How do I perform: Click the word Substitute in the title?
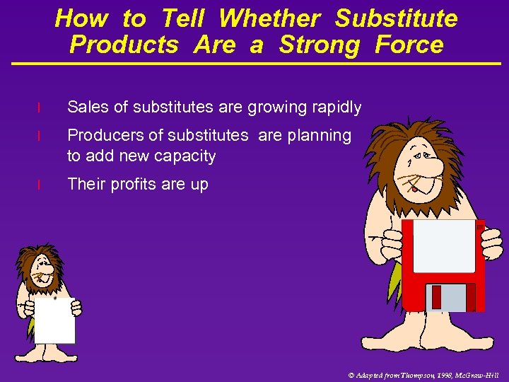click(x=396, y=18)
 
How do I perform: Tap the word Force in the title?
click(x=409, y=45)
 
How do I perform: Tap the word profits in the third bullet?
click(x=131, y=185)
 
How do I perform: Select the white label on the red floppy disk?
click(x=444, y=245)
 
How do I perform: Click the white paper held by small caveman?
click(x=54, y=320)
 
